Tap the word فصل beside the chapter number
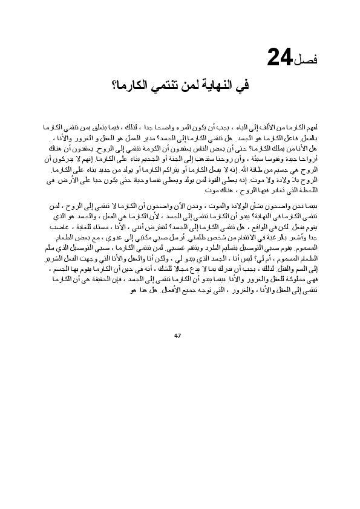tap(312, 60)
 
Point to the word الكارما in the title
tap(134, 85)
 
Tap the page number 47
tap(177, 336)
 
